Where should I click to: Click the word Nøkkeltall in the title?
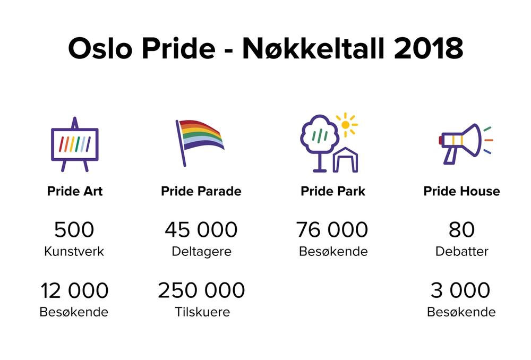[x=313, y=48]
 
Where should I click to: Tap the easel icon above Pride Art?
[x=75, y=144]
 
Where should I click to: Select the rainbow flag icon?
[x=200, y=143]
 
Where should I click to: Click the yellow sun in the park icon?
[x=346, y=125]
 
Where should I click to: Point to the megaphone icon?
[x=466, y=143]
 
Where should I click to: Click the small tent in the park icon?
[x=346, y=160]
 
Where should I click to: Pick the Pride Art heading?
[x=75, y=191]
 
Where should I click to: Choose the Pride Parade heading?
[x=201, y=191]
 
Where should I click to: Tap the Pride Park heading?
[x=333, y=191]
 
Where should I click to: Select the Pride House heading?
[x=461, y=191]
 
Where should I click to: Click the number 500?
[x=74, y=229]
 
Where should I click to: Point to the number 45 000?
[x=201, y=229]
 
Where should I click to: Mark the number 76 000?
[x=332, y=229]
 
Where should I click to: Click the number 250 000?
[x=201, y=290]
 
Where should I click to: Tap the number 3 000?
[x=460, y=290]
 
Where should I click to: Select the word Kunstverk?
[x=74, y=251]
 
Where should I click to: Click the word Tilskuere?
[x=202, y=312]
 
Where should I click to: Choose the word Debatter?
[x=461, y=251]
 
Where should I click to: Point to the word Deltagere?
[x=201, y=252]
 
